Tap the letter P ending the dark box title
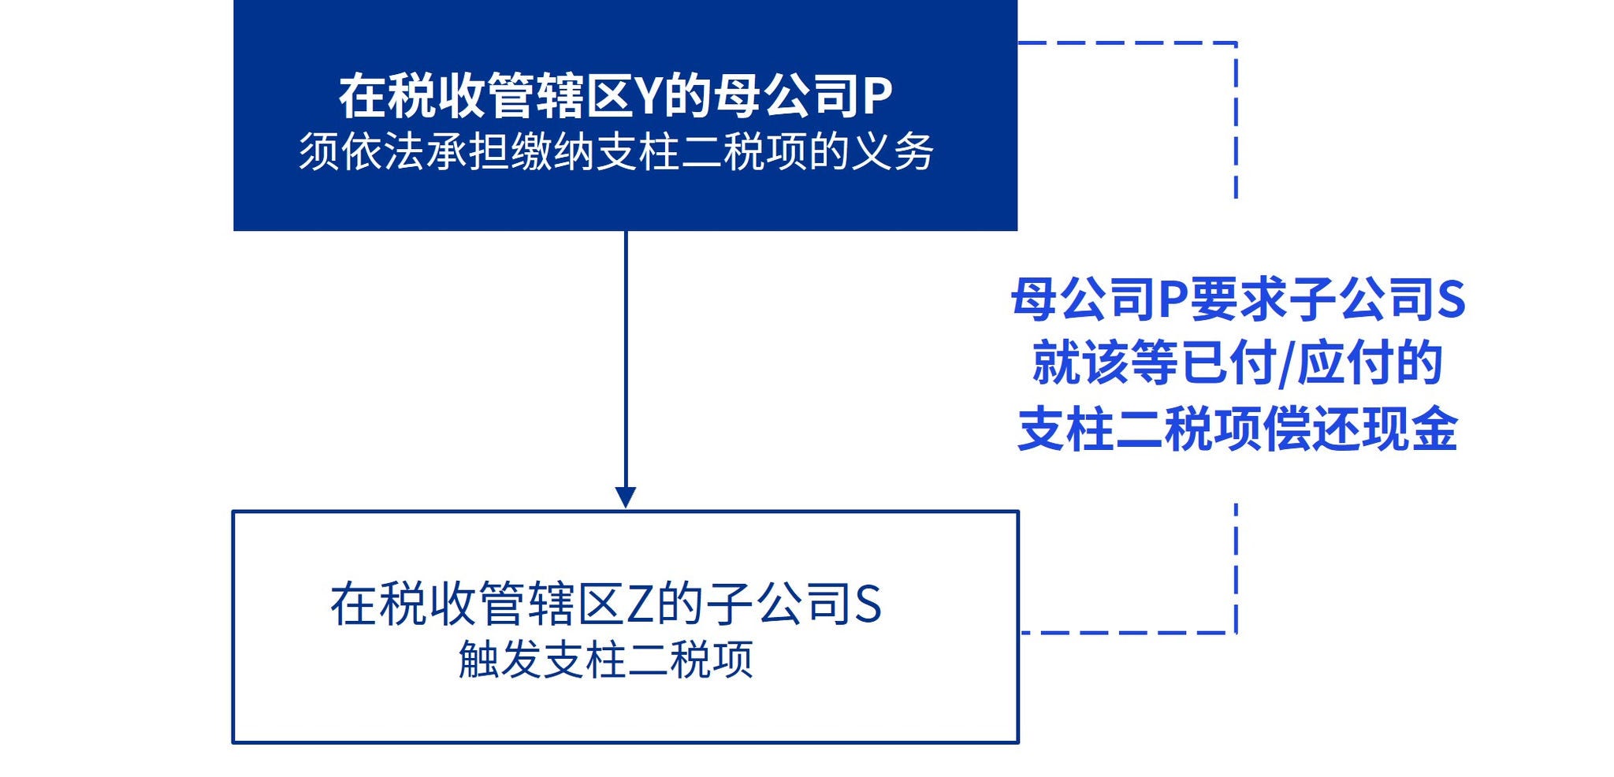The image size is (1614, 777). pos(877,97)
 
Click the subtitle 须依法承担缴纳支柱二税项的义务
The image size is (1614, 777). pos(616,152)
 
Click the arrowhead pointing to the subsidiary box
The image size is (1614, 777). pos(626,497)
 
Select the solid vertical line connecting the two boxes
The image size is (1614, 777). pos(626,355)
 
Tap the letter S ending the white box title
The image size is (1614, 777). pos(867,605)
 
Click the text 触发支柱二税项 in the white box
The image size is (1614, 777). pos(605,660)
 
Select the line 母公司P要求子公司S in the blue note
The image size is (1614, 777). pos(1237,299)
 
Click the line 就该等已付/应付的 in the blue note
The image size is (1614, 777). pos(1237,363)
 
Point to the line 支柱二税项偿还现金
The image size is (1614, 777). pos(1237,429)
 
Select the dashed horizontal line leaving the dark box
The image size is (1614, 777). pos(1127,43)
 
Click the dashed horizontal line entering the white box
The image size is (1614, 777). pos(1127,632)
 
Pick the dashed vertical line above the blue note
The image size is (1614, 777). pos(1236,118)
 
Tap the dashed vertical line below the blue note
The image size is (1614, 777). pos(1236,567)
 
